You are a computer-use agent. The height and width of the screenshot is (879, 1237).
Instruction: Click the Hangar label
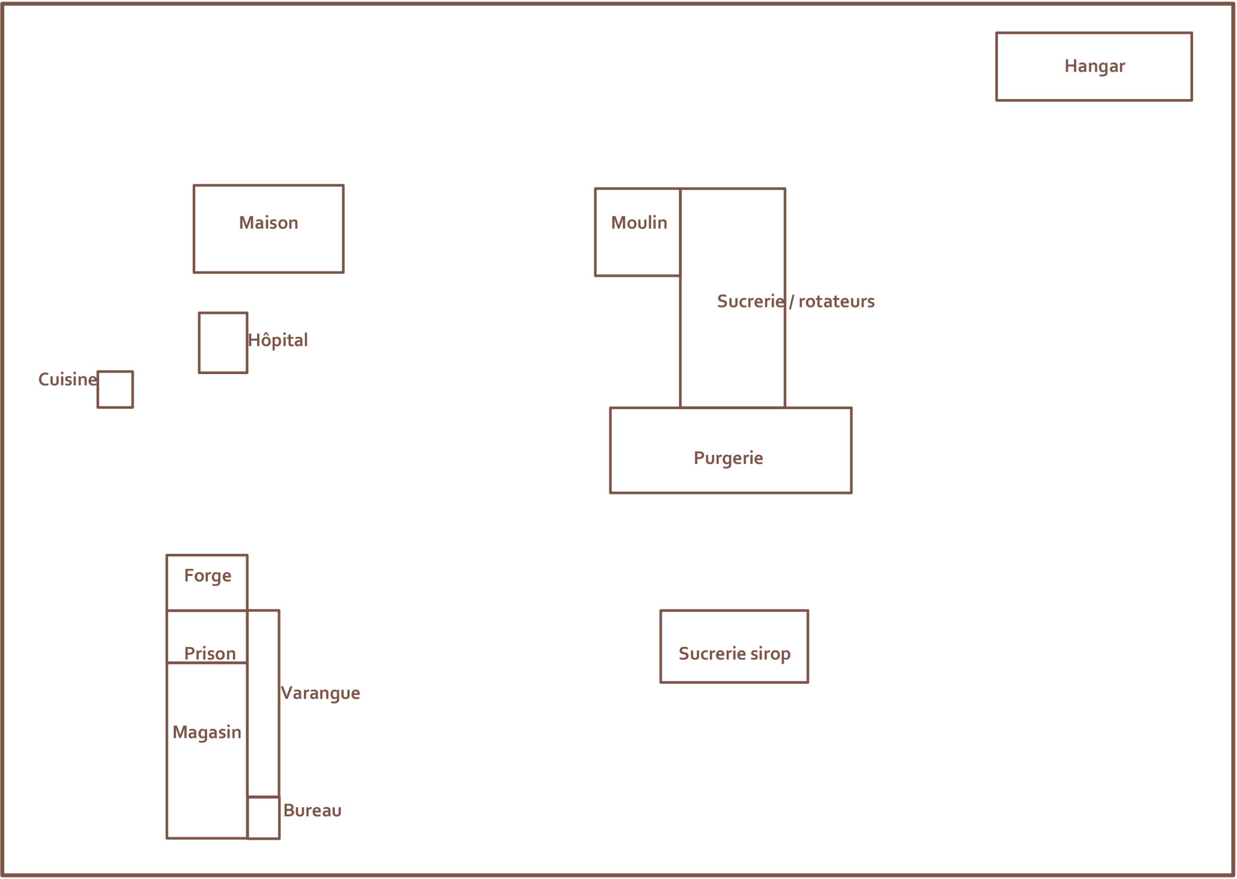tap(1094, 66)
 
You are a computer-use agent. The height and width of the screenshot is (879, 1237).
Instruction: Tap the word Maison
tap(268, 223)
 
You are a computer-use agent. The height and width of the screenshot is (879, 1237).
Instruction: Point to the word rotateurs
tap(836, 302)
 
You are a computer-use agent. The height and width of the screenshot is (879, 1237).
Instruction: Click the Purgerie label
tap(728, 459)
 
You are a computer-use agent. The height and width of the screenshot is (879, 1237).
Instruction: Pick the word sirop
tap(770, 654)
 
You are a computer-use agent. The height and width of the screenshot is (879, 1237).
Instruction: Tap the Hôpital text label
tap(277, 341)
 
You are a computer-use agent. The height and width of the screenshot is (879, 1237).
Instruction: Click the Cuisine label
tap(67, 379)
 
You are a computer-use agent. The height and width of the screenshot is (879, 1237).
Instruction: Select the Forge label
tap(207, 576)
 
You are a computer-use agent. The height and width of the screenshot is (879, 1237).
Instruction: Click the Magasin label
tap(207, 732)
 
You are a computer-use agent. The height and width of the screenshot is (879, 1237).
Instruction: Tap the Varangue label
tap(320, 693)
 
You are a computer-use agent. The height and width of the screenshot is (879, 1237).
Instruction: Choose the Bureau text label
tap(312, 811)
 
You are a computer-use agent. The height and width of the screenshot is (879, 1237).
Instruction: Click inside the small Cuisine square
tap(115, 389)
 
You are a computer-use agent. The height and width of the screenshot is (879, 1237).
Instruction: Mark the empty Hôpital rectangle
tap(223, 343)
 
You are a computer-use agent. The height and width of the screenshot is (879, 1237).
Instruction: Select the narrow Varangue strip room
tap(263, 704)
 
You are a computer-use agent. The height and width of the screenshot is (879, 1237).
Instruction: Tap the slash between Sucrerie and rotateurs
tap(791, 302)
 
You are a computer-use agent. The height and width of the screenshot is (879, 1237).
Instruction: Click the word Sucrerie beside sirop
tap(712, 654)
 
